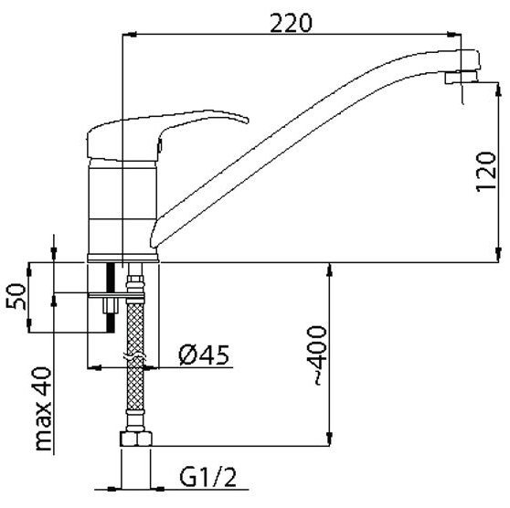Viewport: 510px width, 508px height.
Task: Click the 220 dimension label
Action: (291, 23)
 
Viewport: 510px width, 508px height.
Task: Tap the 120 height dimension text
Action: (486, 172)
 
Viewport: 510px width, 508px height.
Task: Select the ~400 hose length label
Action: (316, 355)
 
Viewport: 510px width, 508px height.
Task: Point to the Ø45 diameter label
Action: (204, 355)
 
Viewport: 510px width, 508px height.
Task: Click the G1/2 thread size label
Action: (207, 477)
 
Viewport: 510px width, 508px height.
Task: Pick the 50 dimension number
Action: (16, 296)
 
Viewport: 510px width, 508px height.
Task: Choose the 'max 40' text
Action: (44, 408)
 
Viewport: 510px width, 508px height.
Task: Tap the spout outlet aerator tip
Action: (461, 78)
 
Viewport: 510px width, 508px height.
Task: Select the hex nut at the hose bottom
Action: (136, 439)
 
